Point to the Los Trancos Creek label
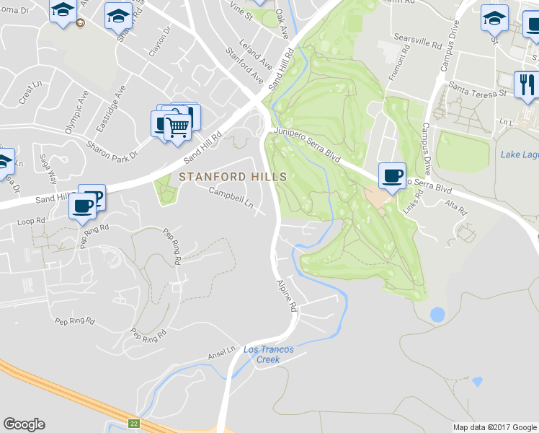[268, 354]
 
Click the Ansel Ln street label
[222, 351]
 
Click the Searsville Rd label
[416, 40]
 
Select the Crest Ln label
[31, 92]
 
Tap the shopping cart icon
[177, 126]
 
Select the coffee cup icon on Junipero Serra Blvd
[391, 175]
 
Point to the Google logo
[24, 424]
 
